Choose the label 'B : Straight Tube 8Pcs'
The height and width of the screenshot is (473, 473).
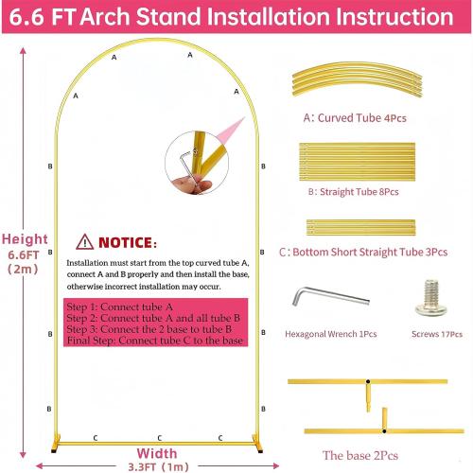click(352, 191)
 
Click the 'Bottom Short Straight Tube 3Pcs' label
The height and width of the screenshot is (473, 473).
click(363, 253)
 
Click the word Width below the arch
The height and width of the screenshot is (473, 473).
click(157, 452)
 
